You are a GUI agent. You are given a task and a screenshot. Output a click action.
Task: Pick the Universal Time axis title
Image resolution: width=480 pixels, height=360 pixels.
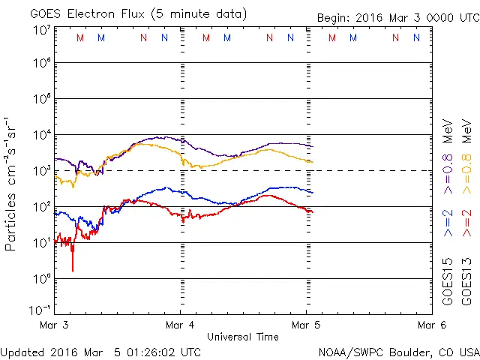243,337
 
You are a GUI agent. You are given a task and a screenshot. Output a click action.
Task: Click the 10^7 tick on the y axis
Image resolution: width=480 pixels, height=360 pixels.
41,30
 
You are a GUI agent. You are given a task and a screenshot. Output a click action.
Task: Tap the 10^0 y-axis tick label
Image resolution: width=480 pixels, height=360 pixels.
41,279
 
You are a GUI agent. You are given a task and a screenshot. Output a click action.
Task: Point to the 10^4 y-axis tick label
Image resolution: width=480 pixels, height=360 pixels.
41,135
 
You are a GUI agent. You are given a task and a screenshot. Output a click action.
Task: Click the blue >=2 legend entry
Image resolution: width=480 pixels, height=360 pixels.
448,223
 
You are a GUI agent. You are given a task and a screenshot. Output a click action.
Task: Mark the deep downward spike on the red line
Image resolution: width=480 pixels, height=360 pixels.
73,269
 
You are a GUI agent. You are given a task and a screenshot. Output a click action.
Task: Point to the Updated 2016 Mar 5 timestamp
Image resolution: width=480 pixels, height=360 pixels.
100,352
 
